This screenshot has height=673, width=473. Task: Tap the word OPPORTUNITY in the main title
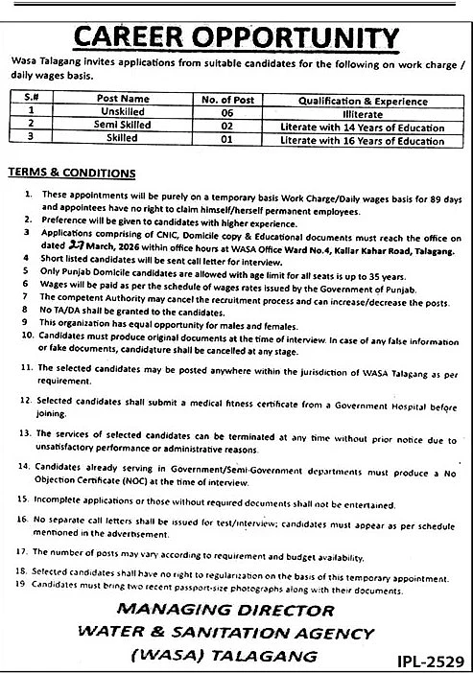click(299, 37)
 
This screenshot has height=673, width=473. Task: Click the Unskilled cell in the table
click(123, 111)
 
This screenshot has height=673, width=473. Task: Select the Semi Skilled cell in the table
click(123, 126)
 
